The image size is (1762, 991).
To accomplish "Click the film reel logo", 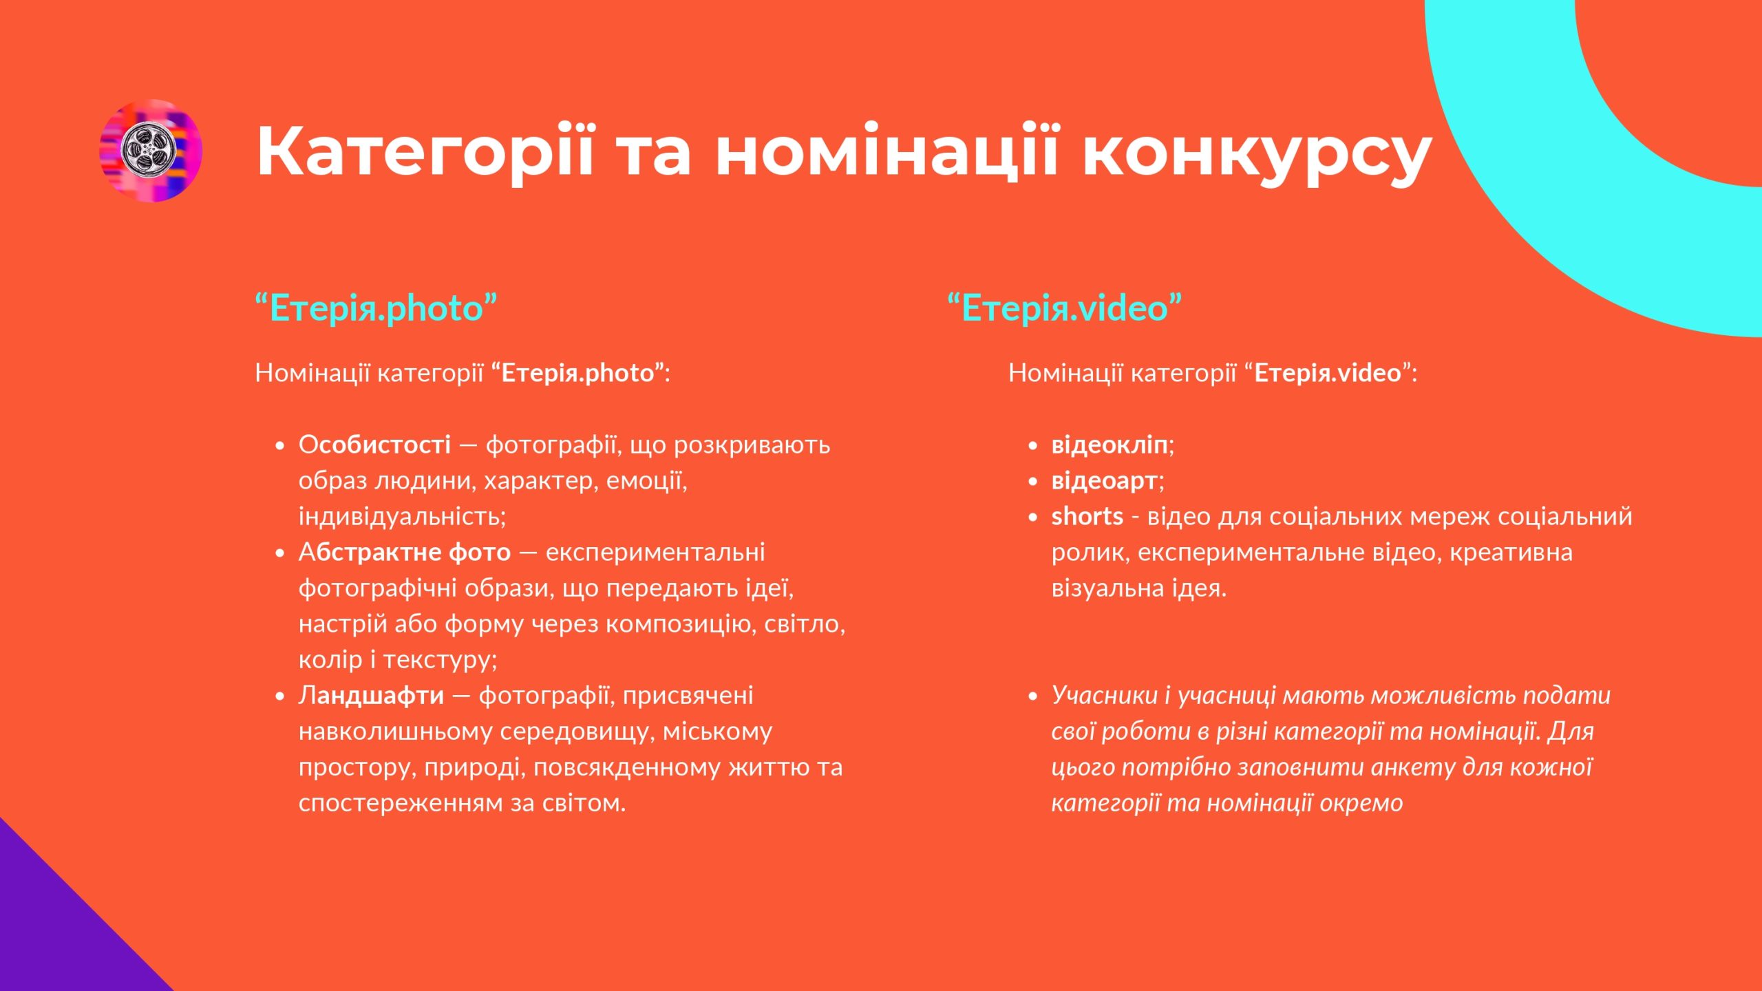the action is [x=151, y=150].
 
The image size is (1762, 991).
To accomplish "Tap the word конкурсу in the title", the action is [x=1257, y=157].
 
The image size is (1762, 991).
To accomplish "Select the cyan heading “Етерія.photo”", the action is [x=376, y=308].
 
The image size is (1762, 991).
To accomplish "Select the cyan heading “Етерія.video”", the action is [x=1065, y=308].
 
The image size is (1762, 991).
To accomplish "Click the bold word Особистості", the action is [x=375, y=445].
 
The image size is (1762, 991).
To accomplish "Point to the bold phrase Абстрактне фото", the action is [x=405, y=552].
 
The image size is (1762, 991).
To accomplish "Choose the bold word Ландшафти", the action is [x=372, y=696].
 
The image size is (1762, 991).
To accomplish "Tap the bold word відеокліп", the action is [x=1110, y=445].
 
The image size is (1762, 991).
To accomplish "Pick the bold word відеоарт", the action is [x=1105, y=481].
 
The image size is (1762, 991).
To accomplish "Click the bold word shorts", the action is [x=1087, y=516].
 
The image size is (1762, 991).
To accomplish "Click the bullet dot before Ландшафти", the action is [x=279, y=696].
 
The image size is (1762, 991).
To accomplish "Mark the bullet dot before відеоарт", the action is [x=1032, y=482].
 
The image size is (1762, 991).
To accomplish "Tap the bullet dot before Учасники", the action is [x=1032, y=696].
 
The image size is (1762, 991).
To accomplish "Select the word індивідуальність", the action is [x=402, y=516].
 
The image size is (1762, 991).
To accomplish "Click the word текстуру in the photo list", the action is [x=440, y=660].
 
